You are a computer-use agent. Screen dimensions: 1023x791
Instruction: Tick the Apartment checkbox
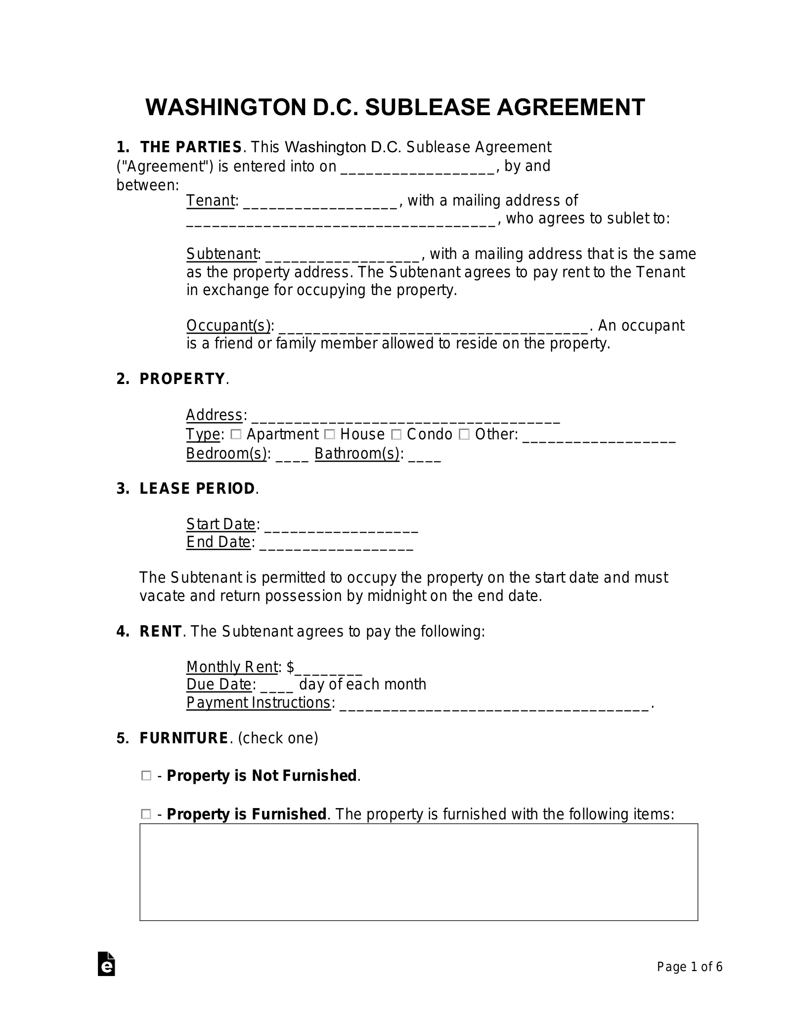tap(236, 434)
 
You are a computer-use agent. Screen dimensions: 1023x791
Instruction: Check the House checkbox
tap(330, 434)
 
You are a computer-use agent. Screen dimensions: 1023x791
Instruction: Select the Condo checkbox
tap(396, 434)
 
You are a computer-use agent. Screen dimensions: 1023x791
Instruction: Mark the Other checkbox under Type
tap(464, 434)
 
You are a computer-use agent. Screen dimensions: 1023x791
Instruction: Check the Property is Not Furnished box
tap(146, 776)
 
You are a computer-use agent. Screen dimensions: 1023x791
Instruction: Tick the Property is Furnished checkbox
tap(146, 814)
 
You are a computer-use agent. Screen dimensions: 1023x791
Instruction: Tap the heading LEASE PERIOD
tap(197, 489)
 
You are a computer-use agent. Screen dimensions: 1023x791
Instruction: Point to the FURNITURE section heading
tap(183, 738)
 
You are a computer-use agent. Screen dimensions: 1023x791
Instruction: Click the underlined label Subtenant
tap(222, 254)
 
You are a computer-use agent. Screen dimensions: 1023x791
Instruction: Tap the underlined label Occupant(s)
tap(228, 326)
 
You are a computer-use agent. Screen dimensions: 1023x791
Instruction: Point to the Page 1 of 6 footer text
tap(689, 967)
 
